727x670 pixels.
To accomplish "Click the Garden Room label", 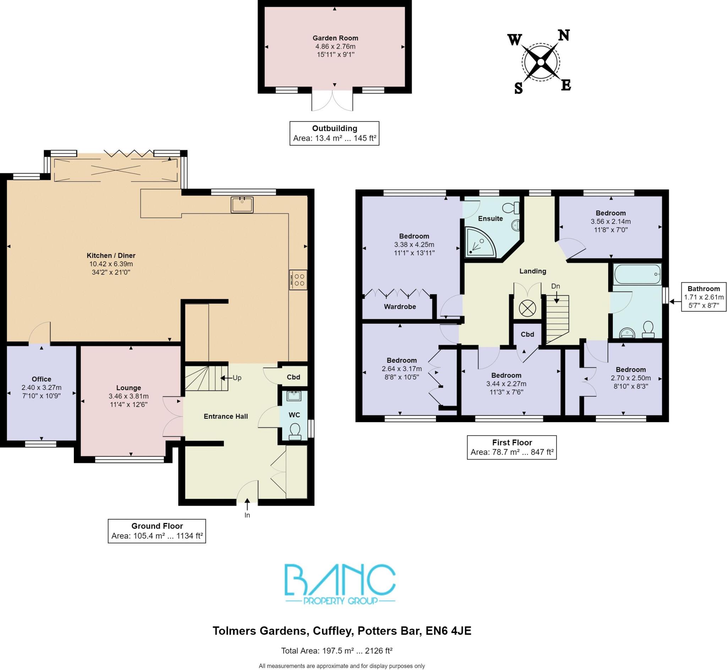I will pyautogui.click(x=335, y=38).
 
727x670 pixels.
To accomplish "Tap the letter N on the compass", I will pyautogui.click(x=564, y=36).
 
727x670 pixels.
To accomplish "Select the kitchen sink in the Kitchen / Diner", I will pyautogui.click(x=242, y=205).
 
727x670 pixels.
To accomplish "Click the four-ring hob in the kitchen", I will pyautogui.click(x=298, y=279).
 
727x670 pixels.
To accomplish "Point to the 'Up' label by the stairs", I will pyautogui.click(x=237, y=378).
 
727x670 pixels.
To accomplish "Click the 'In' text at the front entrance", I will pyautogui.click(x=247, y=515).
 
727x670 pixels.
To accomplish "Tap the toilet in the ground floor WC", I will pyautogui.click(x=295, y=432).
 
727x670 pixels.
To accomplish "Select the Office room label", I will pyautogui.click(x=41, y=379).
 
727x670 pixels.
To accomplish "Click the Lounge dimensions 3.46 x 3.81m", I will pyautogui.click(x=129, y=396).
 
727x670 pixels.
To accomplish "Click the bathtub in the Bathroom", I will pyautogui.click(x=637, y=274).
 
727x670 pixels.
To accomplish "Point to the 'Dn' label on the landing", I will pyautogui.click(x=556, y=286).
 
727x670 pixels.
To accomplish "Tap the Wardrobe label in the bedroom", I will pyautogui.click(x=400, y=307).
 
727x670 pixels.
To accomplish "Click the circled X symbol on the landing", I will pyautogui.click(x=527, y=309).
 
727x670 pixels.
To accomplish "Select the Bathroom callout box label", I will pyautogui.click(x=704, y=289).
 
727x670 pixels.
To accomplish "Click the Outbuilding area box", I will pyautogui.click(x=334, y=133).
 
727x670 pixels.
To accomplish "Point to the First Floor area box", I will pyautogui.click(x=512, y=447).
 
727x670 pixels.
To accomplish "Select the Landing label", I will pyautogui.click(x=532, y=271).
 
